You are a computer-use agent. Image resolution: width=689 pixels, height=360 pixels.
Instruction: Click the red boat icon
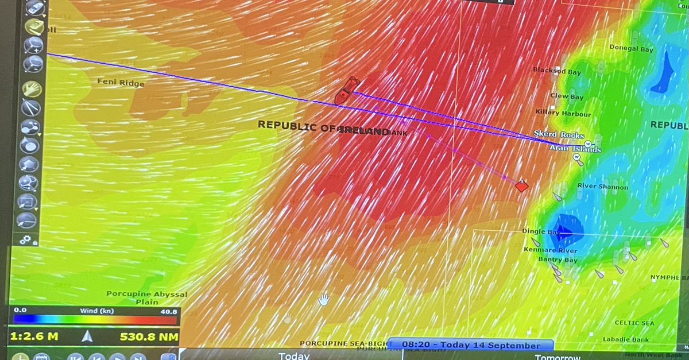[346, 90]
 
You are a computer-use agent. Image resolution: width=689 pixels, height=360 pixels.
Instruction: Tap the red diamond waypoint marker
[521, 185]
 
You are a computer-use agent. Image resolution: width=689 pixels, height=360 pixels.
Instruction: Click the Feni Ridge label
[121, 83]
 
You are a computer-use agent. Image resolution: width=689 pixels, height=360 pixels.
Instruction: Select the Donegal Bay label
[631, 49]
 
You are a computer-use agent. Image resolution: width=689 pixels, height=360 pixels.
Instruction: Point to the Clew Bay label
[567, 96]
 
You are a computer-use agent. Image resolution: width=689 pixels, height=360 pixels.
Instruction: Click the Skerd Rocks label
[559, 134]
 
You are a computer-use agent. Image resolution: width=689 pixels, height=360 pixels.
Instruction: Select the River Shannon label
[602, 187]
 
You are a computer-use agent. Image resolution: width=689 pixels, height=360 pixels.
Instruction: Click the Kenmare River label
[550, 250]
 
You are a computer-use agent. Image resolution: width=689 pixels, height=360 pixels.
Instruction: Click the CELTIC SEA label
[634, 323]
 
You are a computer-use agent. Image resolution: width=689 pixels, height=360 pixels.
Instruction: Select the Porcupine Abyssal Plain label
[146, 297]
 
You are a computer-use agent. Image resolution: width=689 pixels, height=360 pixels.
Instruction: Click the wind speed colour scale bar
[94, 320]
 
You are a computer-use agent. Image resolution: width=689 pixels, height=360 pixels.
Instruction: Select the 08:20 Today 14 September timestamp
[471, 345]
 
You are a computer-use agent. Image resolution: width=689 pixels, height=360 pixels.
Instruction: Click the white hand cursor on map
[324, 299]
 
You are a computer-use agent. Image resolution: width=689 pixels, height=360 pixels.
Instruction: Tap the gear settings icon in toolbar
[25, 240]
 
